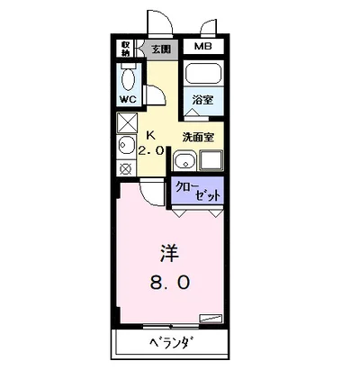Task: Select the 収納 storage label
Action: click(126, 49)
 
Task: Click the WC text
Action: click(127, 99)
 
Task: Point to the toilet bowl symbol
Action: click(126, 77)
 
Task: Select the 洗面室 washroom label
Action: click(197, 137)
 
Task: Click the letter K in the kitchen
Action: click(151, 135)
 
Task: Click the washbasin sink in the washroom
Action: click(184, 162)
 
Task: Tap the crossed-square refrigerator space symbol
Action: click(126, 122)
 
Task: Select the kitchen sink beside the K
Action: click(125, 146)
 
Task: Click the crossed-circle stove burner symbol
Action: click(125, 167)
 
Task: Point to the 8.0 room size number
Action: click(169, 283)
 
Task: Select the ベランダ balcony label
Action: click(172, 345)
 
